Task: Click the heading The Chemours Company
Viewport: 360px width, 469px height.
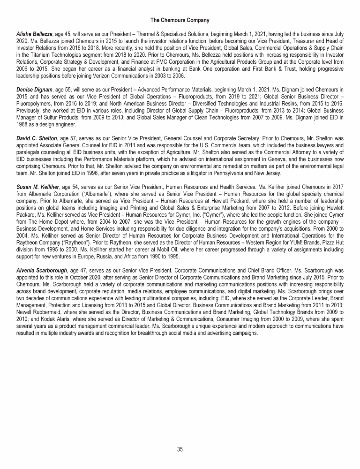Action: pos(180,20)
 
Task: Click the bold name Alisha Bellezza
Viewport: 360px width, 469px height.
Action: pos(34,35)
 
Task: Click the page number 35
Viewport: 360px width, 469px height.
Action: pos(180,449)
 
